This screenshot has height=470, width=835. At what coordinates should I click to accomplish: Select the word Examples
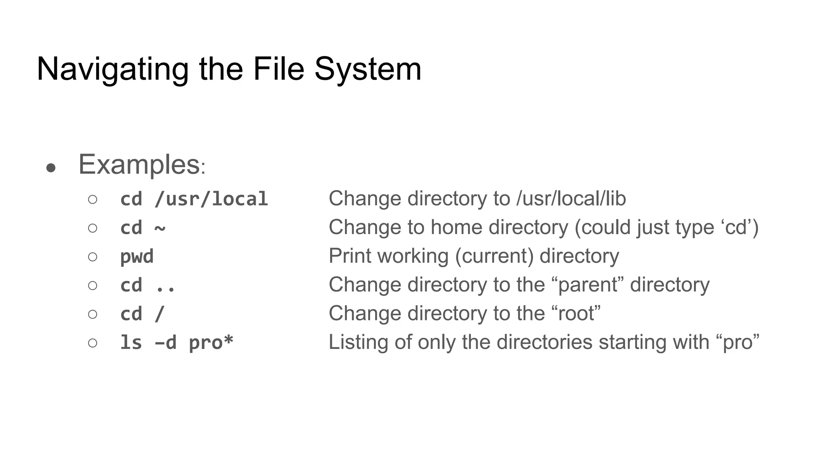point(139,165)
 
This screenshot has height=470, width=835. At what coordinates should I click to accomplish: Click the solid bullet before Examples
point(51,168)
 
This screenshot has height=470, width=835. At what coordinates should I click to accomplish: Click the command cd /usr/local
point(194,200)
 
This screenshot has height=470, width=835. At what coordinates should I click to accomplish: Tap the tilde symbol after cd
point(160,228)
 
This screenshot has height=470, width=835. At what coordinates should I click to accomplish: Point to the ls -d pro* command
point(177,343)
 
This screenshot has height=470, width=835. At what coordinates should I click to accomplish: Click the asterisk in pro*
point(228,340)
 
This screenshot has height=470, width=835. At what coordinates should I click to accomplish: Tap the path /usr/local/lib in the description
point(571,199)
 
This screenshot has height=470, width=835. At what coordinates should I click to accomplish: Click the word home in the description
point(456,228)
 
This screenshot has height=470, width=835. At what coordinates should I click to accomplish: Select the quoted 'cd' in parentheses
point(736,228)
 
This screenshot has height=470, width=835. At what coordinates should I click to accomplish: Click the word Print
point(350,257)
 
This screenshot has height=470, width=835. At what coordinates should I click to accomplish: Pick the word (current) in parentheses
point(494,257)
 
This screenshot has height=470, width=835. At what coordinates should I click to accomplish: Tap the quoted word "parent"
point(589,285)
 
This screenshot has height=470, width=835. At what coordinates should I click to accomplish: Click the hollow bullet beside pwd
point(93,257)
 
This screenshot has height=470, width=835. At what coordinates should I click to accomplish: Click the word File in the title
point(278,69)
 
